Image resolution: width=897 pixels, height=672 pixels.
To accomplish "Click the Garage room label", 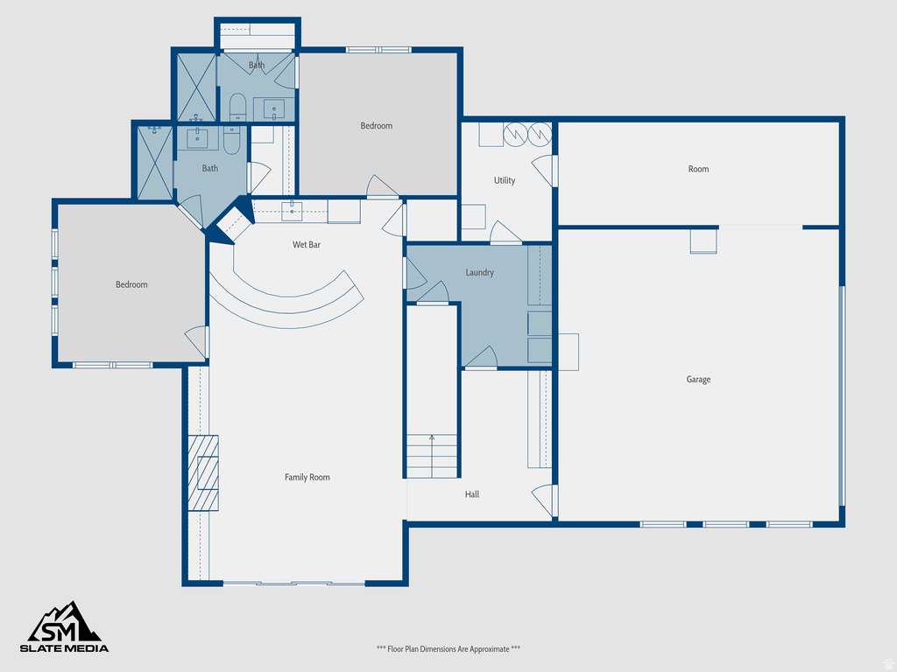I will coord(698,380).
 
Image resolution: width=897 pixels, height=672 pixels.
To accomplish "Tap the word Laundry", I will coord(479,273).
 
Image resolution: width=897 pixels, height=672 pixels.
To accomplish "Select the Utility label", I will coord(505,180).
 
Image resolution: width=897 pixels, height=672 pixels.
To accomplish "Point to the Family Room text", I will coord(307,477).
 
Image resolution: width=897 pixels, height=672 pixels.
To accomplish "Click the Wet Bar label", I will coord(307,245).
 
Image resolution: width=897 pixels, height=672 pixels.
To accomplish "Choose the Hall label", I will coord(472,494).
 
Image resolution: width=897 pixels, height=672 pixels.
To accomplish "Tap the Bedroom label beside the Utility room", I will coord(377,126).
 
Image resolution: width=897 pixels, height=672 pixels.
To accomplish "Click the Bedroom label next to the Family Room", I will coord(132,284).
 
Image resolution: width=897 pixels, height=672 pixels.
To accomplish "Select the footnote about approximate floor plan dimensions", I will coord(448,648).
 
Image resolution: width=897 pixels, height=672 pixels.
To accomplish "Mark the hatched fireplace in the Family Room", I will coord(202,472).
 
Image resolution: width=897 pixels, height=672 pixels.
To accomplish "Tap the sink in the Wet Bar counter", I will coord(293,211).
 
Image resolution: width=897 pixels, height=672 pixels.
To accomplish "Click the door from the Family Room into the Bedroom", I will coord(198,341).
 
